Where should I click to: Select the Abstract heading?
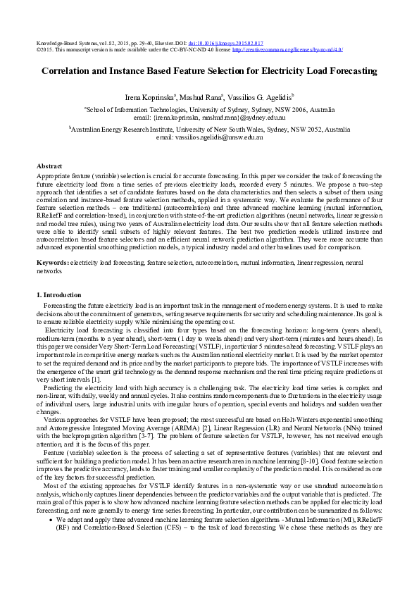click(x=49, y=166)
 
